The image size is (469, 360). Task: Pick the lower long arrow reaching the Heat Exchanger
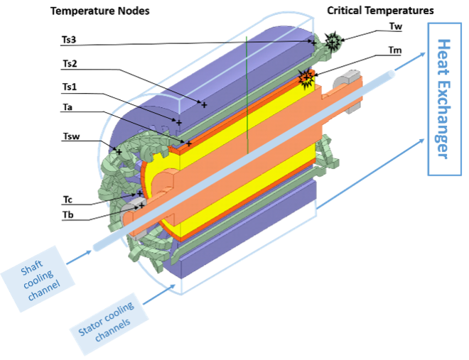tap(370, 171)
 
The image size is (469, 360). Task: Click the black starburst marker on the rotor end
tap(306, 77)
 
